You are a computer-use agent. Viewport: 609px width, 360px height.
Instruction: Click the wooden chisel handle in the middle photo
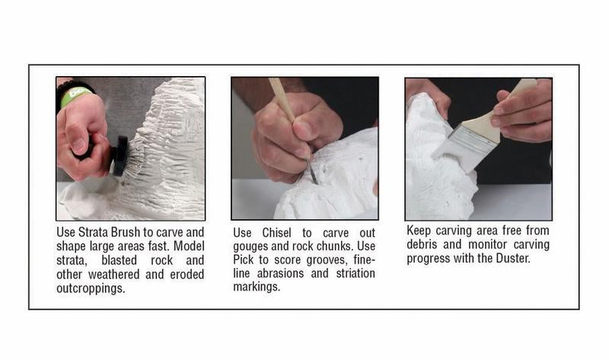tap(282, 100)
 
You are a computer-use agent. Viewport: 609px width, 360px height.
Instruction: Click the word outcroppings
tap(91, 288)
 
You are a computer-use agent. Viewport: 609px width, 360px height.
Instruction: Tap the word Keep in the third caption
tap(420, 230)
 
